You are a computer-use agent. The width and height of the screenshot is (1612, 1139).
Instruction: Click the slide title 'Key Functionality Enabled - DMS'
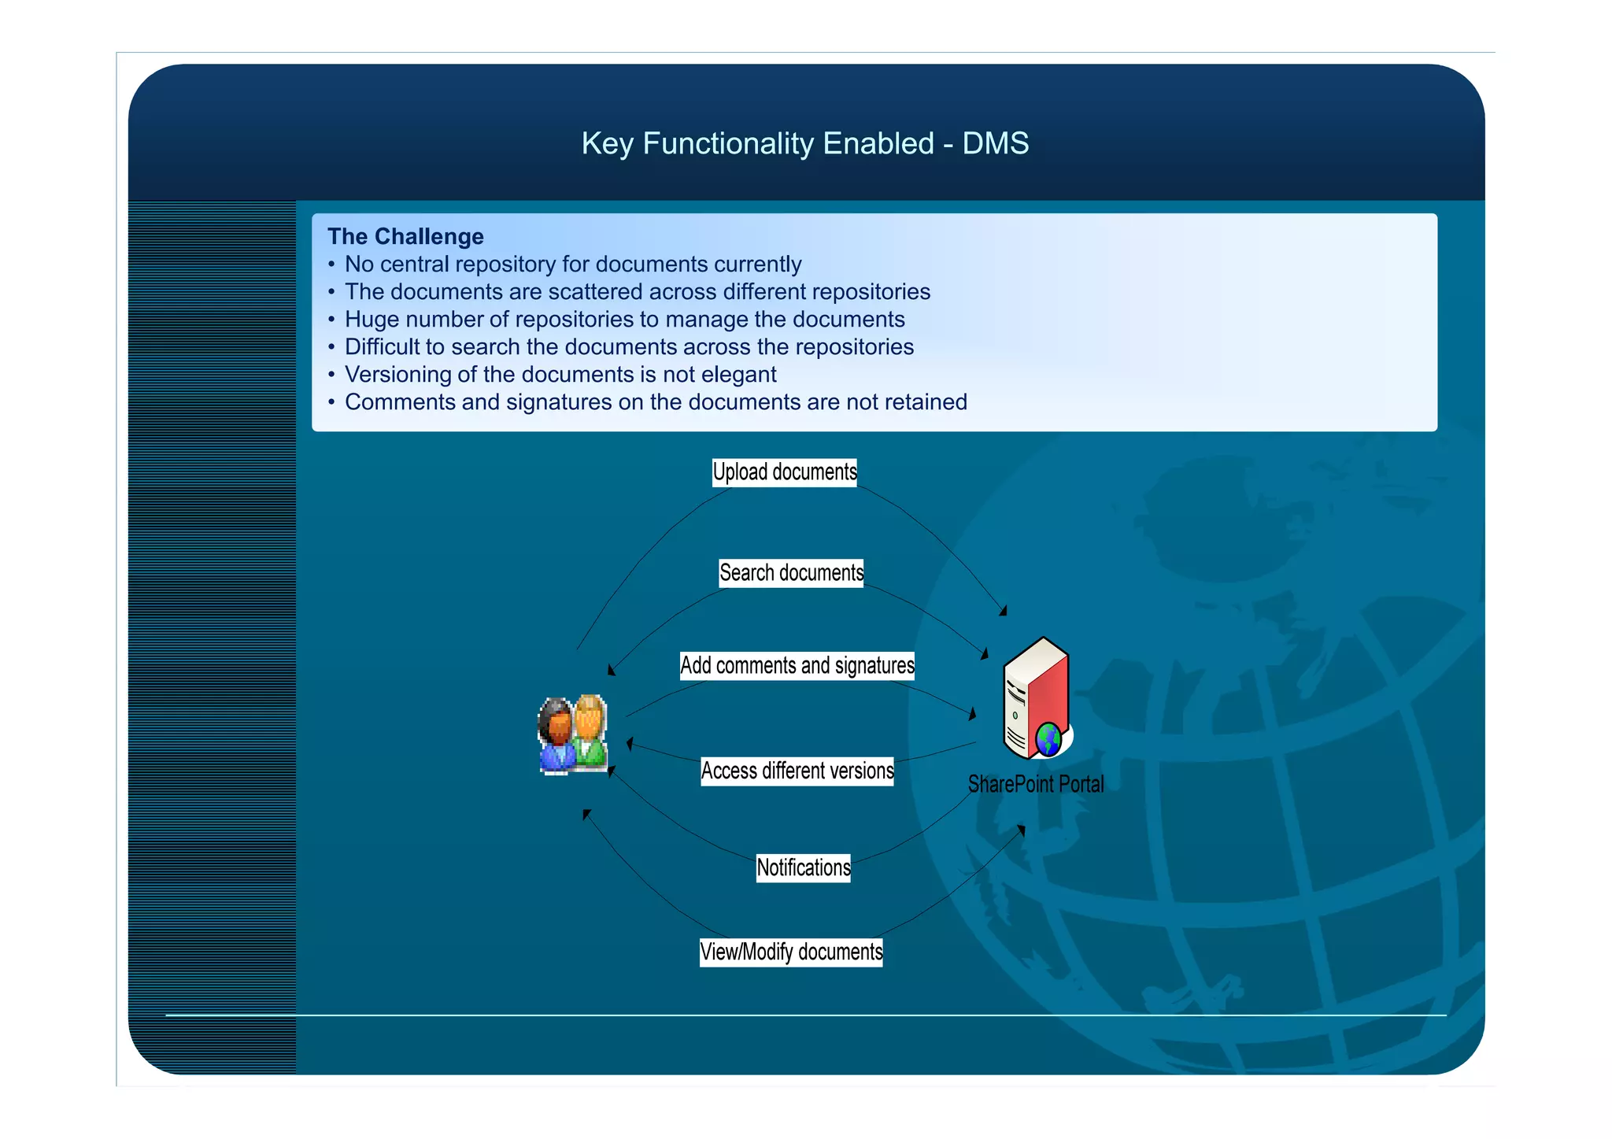(x=804, y=144)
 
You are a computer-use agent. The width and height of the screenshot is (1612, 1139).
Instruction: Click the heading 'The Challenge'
(x=405, y=236)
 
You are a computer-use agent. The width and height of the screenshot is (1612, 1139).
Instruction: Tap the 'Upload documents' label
(x=784, y=472)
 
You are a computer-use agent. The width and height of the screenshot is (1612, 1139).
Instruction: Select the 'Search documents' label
(x=791, y=573)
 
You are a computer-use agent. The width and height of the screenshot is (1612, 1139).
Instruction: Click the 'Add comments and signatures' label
(x=797, y=666)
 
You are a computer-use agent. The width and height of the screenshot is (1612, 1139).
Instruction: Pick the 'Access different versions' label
(x=797, y=771)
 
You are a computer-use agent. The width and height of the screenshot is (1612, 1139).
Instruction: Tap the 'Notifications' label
(x=803, y=867)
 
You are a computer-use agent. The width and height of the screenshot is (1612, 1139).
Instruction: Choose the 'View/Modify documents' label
(x=791, y=952)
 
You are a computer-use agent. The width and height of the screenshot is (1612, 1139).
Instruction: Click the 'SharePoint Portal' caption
(x=1035, y=784)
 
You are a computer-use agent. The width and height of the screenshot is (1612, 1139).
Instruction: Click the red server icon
(x=1034, y=693)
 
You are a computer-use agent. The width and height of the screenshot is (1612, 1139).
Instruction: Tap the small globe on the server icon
(x=1048, y=740)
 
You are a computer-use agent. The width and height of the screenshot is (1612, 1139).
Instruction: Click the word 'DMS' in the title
(x=995, y=144)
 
